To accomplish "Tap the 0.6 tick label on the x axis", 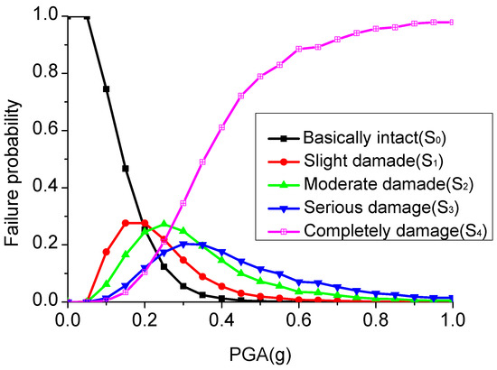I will point(299,319).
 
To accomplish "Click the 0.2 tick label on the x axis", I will point(145,319).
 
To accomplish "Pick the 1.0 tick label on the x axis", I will point(452,319).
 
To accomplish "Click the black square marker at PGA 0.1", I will point(107,89).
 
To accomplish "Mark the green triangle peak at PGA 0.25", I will point(164,224).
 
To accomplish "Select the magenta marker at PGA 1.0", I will point(453,22).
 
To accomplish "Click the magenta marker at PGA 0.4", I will point(221,127).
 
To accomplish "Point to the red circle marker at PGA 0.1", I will point(107,252).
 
